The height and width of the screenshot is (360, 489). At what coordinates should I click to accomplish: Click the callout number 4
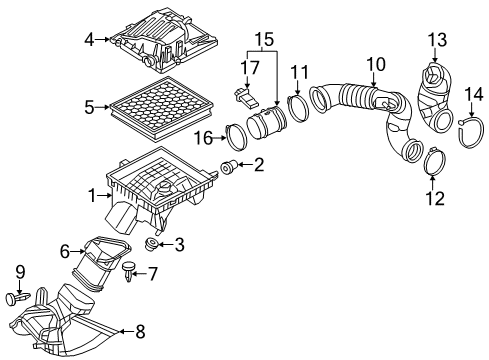click(x=89, y=40)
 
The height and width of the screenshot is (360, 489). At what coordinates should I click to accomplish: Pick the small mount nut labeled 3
click(x=153, y=244)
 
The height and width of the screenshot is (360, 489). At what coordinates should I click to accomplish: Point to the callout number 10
click(x=374, y=67)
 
